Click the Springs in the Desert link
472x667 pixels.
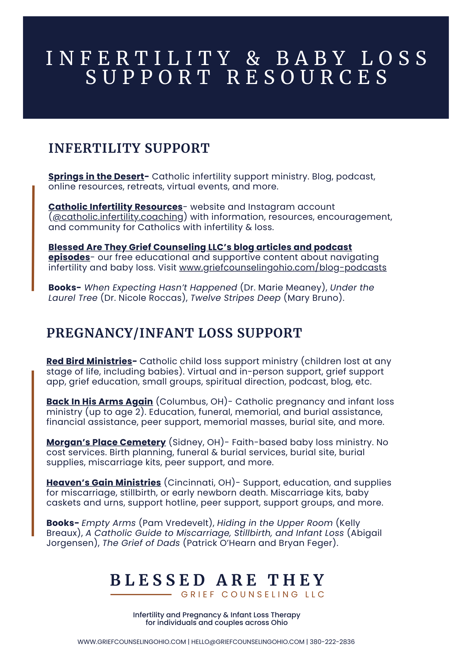[96, 176]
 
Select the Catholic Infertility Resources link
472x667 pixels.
[115, 207]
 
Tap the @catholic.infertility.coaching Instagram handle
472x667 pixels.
[118, 217]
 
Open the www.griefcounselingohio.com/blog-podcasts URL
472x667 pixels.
[283, 267]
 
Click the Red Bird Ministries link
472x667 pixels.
[89, 361]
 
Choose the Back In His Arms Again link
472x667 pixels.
[99, 402]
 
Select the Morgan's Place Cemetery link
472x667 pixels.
[106, 442]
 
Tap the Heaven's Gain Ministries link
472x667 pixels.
[103, 483]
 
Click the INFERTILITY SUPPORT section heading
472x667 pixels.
[129, 148]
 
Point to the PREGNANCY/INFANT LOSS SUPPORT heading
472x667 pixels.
[174, 333]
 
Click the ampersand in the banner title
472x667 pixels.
[254, 58]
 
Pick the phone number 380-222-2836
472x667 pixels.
[332, 642]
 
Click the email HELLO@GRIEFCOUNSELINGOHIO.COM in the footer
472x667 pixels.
[248, 642]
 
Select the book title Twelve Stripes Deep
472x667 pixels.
[235, 298]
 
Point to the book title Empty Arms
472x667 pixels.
[108, 523]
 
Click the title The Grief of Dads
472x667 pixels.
[141, 543]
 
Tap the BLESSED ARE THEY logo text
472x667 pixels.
[217, 580]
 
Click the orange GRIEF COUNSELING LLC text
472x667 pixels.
[253, 594]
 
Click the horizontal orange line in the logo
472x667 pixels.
[141, 594]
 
